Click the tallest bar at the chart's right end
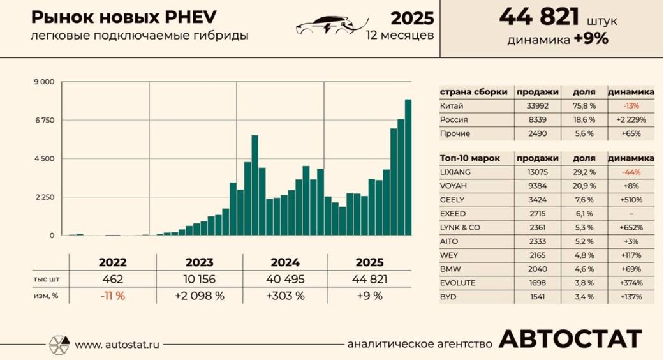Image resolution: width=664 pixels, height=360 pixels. click(408, 167)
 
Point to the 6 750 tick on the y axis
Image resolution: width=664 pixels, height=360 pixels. click(45, 120)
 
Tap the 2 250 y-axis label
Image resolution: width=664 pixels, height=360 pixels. click(45, 197)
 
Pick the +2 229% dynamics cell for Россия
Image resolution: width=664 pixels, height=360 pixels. click(631, 119)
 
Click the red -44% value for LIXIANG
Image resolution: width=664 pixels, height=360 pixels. click(631, 172)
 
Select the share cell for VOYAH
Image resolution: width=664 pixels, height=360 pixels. click(584, 186)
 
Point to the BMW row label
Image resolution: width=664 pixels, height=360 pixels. click(449, 269)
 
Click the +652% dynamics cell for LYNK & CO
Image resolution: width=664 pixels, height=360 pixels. click(631, 228)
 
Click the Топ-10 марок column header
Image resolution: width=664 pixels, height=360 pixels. click(470, 158)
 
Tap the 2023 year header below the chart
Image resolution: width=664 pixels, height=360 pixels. click(200, 262)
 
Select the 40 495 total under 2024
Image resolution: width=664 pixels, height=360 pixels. click(287, 279)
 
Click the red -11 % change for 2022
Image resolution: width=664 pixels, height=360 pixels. click(112, 296)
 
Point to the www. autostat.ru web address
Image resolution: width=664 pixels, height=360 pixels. click(117, 345)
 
